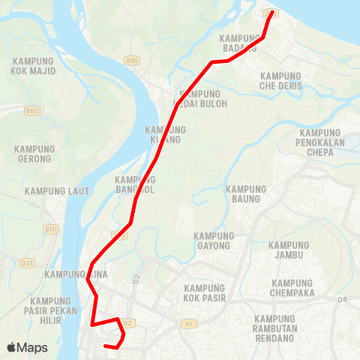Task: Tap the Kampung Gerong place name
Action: coord(34,153)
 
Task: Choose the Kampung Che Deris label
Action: coord(281,81)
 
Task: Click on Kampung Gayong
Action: coord(214,240)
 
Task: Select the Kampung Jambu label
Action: coord(289,250)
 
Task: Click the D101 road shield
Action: coord(133,59)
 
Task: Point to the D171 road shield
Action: coord(50,229)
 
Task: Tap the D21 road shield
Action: coord(28,262)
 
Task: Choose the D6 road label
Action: coord(343,300)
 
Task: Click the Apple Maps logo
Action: coord(27,347)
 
